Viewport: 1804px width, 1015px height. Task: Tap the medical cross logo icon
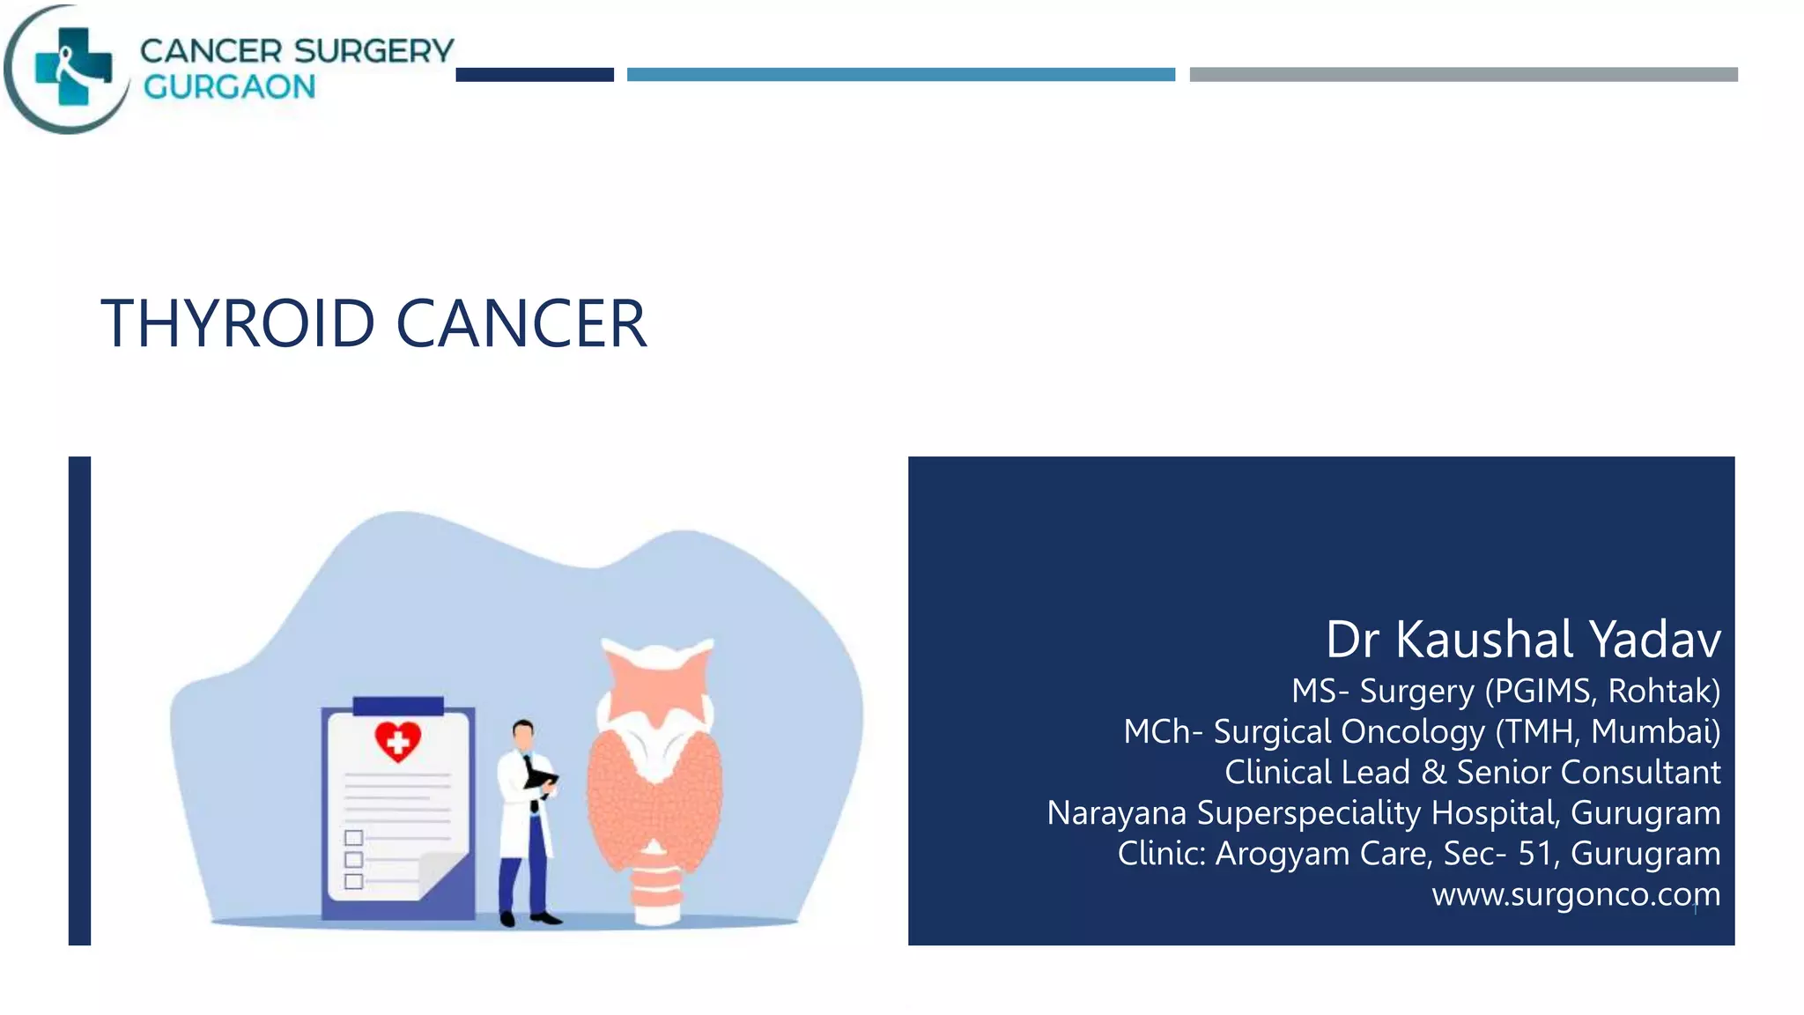point(74,67)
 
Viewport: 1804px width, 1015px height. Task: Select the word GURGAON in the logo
point(229,87)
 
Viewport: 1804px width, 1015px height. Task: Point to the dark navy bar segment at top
point(535,75)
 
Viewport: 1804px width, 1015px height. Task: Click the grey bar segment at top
point(1463,75)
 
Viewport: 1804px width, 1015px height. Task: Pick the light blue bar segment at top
point(900,75)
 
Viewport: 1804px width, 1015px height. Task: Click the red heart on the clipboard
point(397,741)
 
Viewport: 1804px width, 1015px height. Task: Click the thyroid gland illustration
point(655,775)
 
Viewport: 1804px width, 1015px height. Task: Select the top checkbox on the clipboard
point(354,837)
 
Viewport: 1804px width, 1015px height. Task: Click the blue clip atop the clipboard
point(398,706)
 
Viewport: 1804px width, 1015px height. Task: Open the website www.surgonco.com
point(1575,894)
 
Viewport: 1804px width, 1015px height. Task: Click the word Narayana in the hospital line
point(1116,813)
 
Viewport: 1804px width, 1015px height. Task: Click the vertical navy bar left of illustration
point(80,700)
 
